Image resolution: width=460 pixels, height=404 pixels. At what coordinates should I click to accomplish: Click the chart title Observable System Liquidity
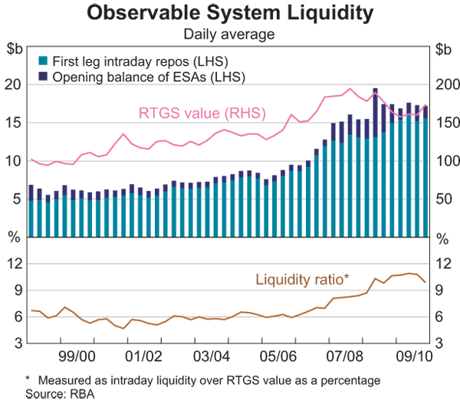[230, 13]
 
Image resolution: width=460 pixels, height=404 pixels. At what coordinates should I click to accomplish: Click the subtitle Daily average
[230, 34]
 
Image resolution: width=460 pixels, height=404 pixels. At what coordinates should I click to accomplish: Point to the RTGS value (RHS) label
[202, 113]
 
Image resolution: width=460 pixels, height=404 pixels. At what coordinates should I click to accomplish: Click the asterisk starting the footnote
[28, 379]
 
